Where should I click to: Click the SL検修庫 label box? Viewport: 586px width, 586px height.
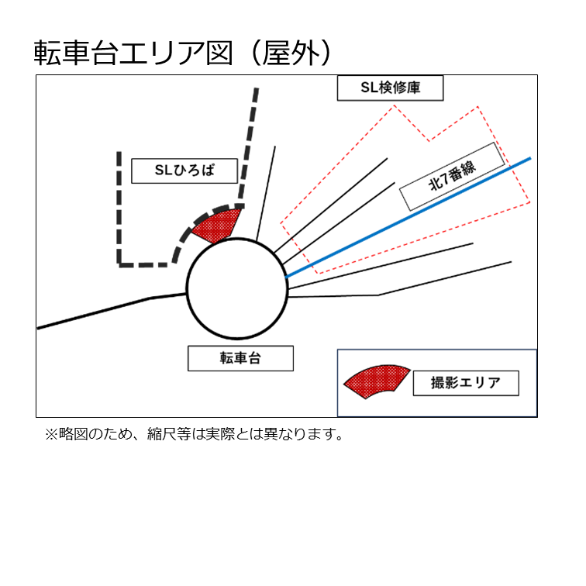390,88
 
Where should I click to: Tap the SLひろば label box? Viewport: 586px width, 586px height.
184,171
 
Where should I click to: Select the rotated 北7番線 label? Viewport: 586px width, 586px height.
452,176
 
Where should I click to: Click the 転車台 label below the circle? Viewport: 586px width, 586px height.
240,358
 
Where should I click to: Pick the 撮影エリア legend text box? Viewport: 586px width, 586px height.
466,383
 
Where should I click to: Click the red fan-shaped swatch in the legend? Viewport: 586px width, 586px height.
377,381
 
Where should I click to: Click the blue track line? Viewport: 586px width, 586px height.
408,218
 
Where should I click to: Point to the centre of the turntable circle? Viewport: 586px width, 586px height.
237,288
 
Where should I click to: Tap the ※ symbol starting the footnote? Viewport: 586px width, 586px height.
51,435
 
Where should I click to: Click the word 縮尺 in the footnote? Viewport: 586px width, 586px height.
161,434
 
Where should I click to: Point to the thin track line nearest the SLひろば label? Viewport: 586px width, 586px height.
266,194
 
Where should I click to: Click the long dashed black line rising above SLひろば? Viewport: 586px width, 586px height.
249,147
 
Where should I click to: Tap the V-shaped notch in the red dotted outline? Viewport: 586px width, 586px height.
429,140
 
